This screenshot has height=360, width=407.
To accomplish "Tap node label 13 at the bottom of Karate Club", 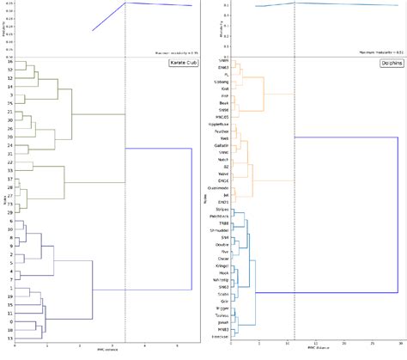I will point(9,339).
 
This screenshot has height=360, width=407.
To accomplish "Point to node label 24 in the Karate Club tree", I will point(9,145).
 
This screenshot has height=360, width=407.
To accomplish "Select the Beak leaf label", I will point(224,102).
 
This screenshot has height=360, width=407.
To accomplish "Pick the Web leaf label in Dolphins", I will point(224,137).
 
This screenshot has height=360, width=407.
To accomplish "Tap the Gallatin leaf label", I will point(222,145).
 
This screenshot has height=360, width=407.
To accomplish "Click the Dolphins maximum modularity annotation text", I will point(374,51).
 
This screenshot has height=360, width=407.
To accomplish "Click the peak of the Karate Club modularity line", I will point(125,3).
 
